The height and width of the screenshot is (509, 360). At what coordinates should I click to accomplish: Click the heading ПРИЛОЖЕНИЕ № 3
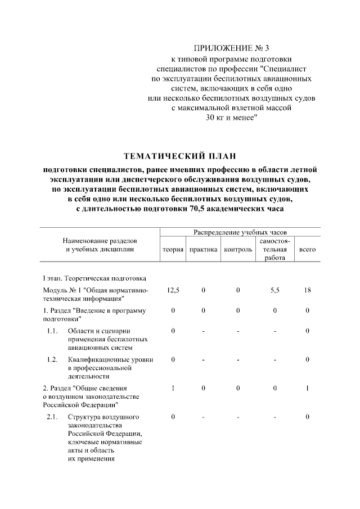(x=231, y=48)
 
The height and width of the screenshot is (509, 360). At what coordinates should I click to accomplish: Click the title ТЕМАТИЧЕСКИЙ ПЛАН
(x=180, y=155)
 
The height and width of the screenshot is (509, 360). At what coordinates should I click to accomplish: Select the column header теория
(x=173, y=249)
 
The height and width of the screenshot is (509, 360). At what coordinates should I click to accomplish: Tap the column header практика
(x=204, y=249)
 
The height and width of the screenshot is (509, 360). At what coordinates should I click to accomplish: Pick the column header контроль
(x=238, y=249)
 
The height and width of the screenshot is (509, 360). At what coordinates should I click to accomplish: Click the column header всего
(x=307, y=249)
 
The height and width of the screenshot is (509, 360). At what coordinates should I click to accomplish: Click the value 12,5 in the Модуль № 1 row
(x=173, y=290)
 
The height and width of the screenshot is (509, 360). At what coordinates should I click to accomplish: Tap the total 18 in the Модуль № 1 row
(x=307, y=290)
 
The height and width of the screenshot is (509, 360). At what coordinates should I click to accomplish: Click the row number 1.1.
(x=53, y=331)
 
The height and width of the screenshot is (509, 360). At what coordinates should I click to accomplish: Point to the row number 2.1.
(x=53, y=417)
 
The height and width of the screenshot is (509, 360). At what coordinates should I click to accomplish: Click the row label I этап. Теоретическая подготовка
(x=95, y=278)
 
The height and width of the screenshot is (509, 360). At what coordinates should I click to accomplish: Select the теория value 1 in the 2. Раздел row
(x=173, y=388)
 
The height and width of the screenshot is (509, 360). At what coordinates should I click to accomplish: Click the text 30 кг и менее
(x=231, y=118)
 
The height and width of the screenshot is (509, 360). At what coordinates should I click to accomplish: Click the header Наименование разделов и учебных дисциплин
(x=100, y=245)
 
